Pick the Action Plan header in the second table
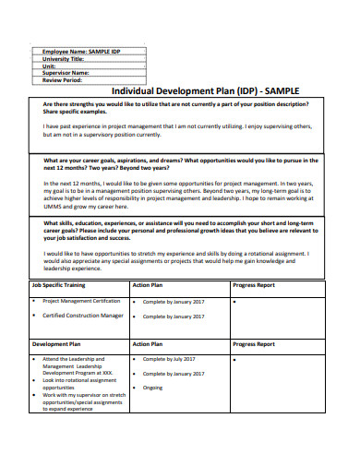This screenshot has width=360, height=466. click(x=148, y=343)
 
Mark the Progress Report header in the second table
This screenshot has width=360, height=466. click(x=254, y=343)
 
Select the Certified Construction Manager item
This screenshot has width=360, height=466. click(x=83, y=315)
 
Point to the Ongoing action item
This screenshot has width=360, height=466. click(x=153, y=388)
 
